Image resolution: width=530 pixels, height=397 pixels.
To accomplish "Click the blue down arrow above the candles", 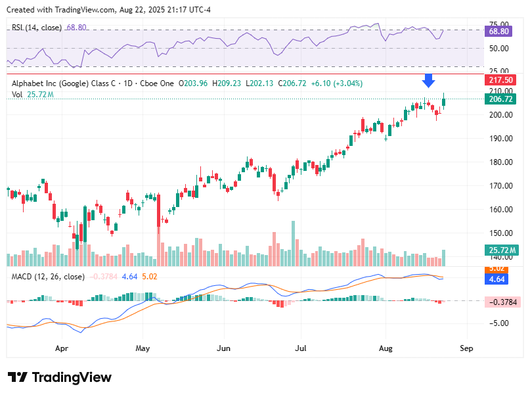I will click(x=428, y=80).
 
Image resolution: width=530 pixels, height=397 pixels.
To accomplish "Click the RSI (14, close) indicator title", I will click(x=37, y=28).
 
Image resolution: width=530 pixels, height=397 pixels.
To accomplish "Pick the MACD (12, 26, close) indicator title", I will click(x=48, y=277).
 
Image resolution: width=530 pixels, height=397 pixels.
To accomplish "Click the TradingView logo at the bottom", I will click(x=60, y=377).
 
